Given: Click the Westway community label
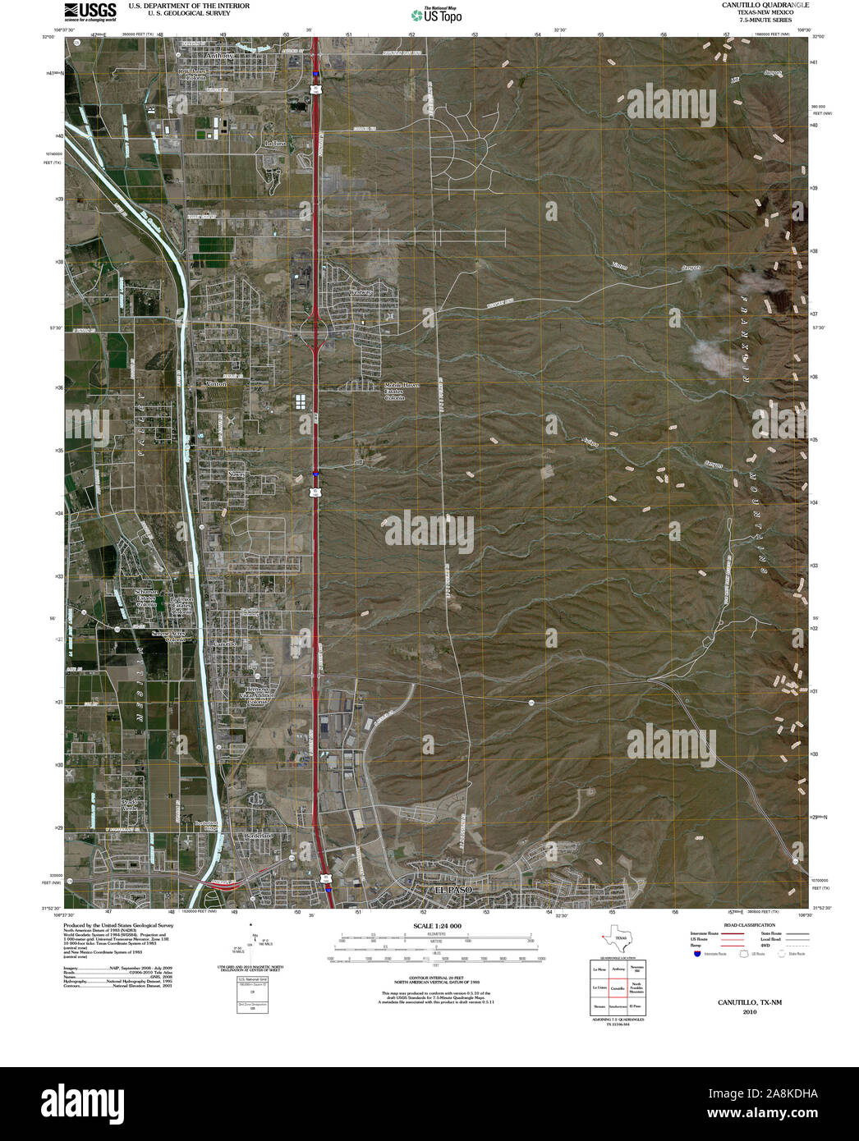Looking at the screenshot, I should click(x=361, y=292).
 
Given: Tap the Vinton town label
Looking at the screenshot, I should click(x=217, y=383).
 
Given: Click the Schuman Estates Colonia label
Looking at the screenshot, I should click(x=149, y=598).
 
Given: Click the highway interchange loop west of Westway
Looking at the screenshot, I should click(x=315, y=331).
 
